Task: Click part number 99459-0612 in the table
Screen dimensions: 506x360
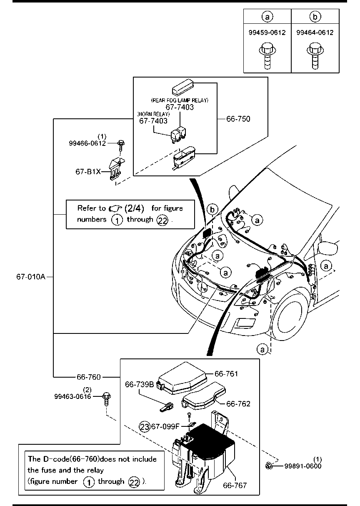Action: [x=267, y=33]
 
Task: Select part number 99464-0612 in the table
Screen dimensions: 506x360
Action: [x=315, y=33]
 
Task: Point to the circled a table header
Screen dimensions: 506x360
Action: [x=267, y=17]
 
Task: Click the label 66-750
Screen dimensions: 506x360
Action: [x=238, y=119]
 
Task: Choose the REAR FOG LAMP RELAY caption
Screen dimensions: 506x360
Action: [x=179, y=100]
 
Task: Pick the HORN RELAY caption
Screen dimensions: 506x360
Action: [x=154, y=114]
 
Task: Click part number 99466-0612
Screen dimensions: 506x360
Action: [x=87, y=143]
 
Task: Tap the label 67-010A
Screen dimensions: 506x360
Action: [x=31, y=276]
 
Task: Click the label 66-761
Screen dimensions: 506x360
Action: [x=226, y=374]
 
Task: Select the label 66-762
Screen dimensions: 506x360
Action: [x=238, y=404]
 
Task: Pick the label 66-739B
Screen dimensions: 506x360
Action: [x=140, y=384]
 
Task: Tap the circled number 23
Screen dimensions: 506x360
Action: [x=145, y=426]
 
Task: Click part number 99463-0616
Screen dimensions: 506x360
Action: [x=72, y=396]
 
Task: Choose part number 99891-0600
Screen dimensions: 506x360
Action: [x=303, y=466]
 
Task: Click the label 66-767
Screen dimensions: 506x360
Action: [x=235, y=486]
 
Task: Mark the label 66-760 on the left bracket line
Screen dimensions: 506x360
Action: [x=89, y=377]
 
